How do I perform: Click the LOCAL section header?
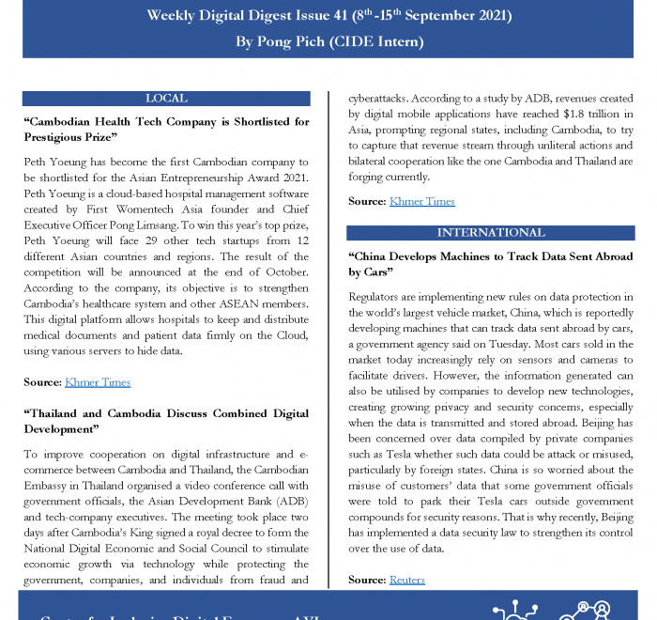(x=166, y=99)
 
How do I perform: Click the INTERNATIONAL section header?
(x=491, y=233)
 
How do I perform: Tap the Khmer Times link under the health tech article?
(x=98, y=382)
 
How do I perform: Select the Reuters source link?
(x=407, y=581)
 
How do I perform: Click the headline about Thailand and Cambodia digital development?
(x=166, y=420)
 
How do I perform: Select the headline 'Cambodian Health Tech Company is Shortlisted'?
(x=166, y=130)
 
